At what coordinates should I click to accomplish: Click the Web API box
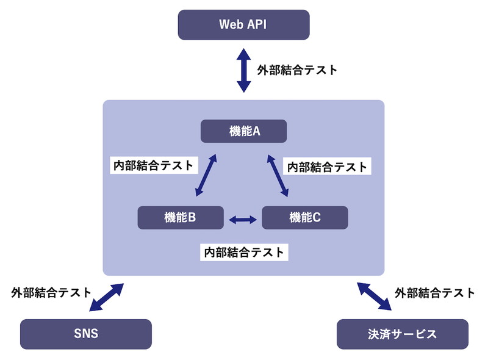[x=243, y=25]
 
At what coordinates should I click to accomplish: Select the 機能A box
[x=244, y=131]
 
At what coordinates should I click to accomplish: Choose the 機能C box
[x=305, y=217]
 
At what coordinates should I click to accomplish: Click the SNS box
[x=85, y=334]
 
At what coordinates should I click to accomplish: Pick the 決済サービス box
[x=403, y=334]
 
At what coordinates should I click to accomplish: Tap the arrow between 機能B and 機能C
[x=243, y=218]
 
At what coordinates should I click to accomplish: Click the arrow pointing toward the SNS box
[x=106, y=298]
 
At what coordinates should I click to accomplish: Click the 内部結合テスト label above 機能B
[x=154, y=165]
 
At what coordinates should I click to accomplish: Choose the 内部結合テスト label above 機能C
[x=328, y=166]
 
